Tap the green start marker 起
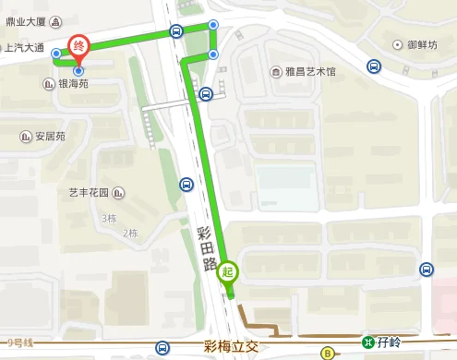pyautogui.click(x=227, y=273)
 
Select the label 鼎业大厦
pyautogui.click(x=25, y=19)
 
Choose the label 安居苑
pyautogui.click(x=50, y=137)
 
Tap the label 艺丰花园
pyautogui.click(x=89, y=193)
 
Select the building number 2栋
pyautogui.click(x=129, y=232)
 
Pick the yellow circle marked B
pyautogui.click(x=327, y=352)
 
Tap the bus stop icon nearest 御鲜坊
pyautogui.click(x=374, y=66)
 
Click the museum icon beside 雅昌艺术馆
pyautogui.click(x=275, y=71)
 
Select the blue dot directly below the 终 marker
pyautogui.click(x=78, y=70)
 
